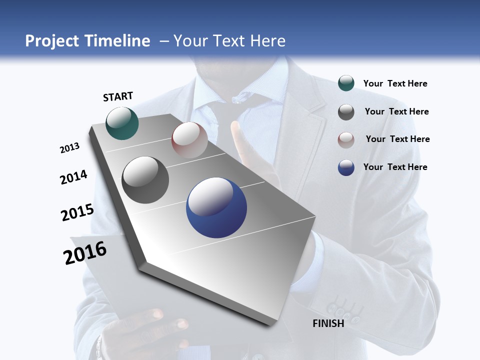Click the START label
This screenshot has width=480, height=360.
pyautogui.click(x=118, y=96)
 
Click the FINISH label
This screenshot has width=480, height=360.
pyautogui.click(x=328, y=323)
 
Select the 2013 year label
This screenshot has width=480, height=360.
pyautogui.click(x=70, y=148)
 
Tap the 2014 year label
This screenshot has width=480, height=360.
pyautogui.click(x=73, y=177)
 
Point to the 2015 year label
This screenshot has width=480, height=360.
pyautogui.click(x=77, y=212)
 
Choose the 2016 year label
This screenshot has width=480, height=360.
pyautogui.click(x=85, y=253)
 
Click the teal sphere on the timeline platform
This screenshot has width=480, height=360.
pyautogui.click(x=122, y=123)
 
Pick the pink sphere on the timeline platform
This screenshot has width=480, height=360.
pyautogui.click(x=189, y=140)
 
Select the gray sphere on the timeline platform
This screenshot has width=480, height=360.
pyautogui.click(x=145, y=180)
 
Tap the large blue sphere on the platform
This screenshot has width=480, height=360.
pyautogui.click(x=216, y=207)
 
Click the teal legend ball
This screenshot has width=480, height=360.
pyautogui.click(x=346, y=83)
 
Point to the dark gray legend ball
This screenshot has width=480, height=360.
pyautogui.click(x=346, y=112)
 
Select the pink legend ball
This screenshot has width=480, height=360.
pyautogui.click(x=346, y=140)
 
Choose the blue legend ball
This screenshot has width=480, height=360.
pyautogui.click(x=346, y=167)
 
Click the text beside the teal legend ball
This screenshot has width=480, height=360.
pyautogui.click(x=395, y=84)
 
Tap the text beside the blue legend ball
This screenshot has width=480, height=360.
pyautogui.click(x=395, y=167)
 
